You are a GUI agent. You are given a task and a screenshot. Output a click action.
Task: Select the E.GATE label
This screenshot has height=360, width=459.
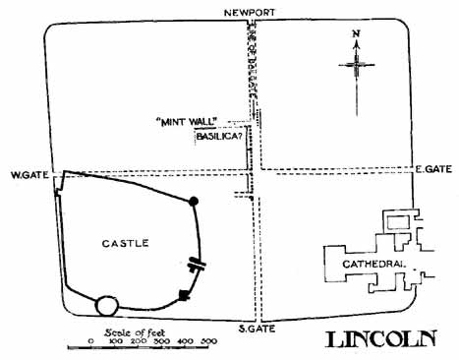(x=431, y=169)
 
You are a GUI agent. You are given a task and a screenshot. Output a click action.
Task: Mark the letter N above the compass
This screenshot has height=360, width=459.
(x=356, y=38)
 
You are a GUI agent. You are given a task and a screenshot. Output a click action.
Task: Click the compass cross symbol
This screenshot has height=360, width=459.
(x=356, y=66)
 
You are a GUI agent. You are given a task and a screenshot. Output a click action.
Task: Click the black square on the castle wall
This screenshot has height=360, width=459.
(x=183, y=294)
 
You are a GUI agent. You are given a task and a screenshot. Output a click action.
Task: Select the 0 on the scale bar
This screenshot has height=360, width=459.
(x=90, y=341)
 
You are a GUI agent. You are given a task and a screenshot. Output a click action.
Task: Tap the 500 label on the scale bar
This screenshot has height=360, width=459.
(x=208, y=341)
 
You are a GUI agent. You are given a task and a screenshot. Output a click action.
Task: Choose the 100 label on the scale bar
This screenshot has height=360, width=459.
(x=114, y=341)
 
